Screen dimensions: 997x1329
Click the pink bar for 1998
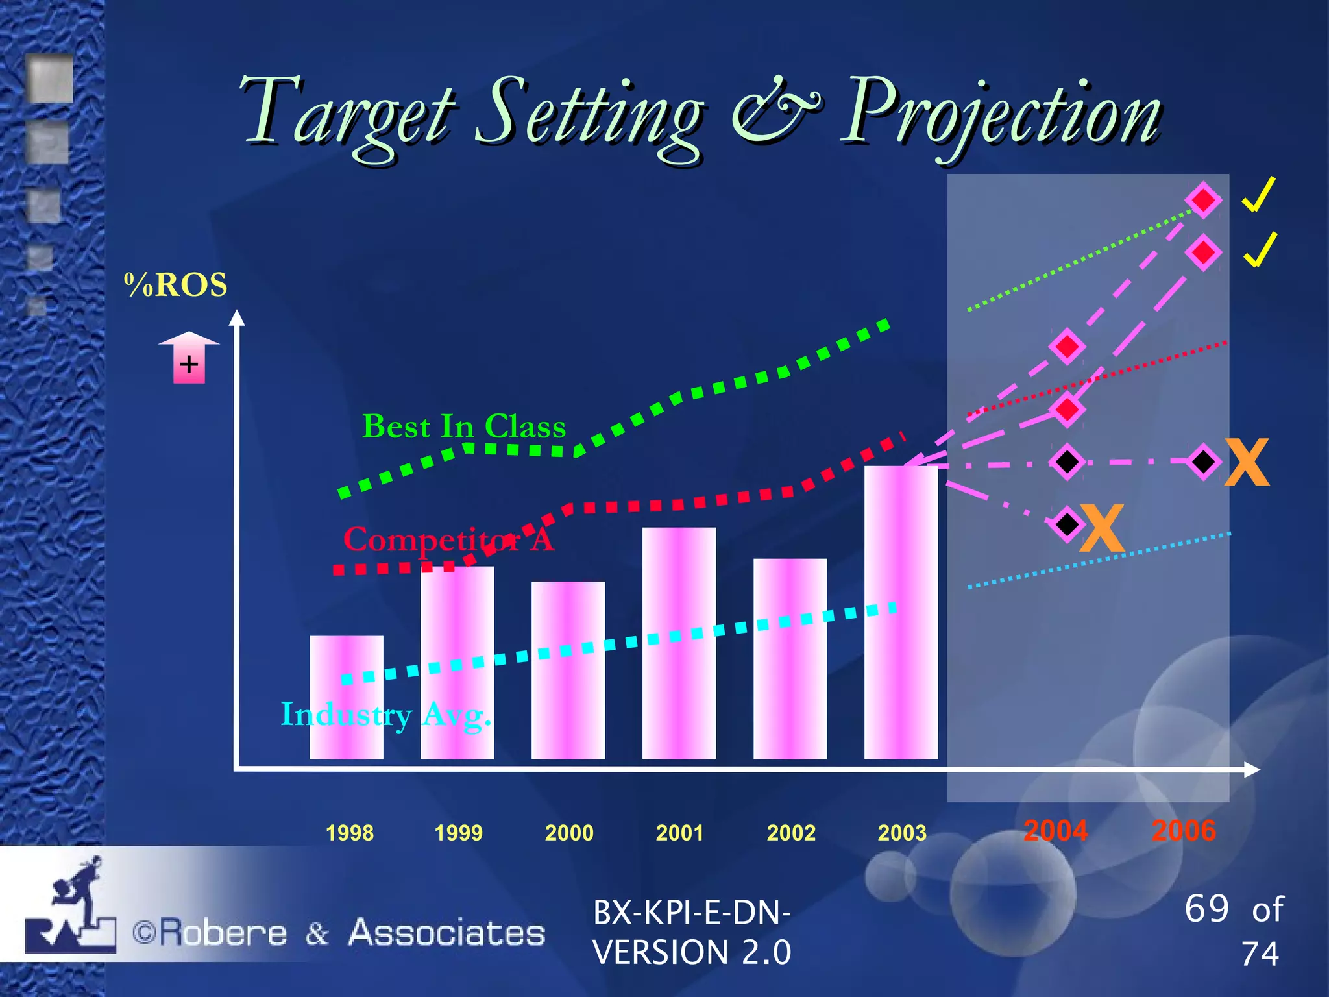click(x=347, y=698)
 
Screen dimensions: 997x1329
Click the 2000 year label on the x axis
click(x=569, y=833)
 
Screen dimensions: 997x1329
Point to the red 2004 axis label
click(x=1056, y=831)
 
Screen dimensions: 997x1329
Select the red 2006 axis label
click(x=1184, y=831)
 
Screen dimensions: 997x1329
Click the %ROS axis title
click(x=176, y=285)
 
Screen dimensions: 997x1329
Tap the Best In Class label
click(x=464, y=427)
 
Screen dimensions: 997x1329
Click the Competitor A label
click(x=448, y=539)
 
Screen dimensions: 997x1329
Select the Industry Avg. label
click(x=385, y=715)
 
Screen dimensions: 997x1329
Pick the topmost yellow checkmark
click(x=1259, y=194)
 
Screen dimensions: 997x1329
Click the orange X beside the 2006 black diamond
click(x=1247, y=462)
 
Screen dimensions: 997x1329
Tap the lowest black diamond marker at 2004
click(x=1066, y=523)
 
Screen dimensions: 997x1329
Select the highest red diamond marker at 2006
click(x=1203, y=200)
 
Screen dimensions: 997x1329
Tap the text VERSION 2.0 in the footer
click(x=692, y=952)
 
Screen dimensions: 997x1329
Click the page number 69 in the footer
click(x=1206, y=908)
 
